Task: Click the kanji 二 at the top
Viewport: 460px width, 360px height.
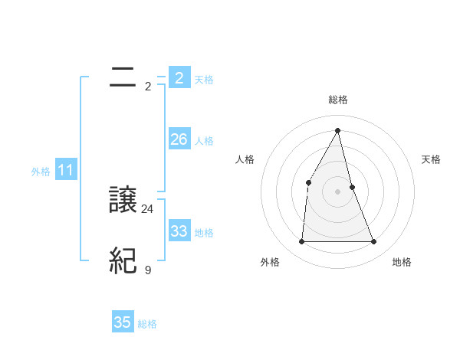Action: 123,76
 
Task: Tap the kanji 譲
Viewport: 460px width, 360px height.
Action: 123,200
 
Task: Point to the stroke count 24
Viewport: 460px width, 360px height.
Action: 148,208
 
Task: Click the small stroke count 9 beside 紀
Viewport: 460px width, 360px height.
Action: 148,270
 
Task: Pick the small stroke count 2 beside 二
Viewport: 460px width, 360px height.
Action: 148,86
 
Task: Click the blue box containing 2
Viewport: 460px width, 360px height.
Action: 179,77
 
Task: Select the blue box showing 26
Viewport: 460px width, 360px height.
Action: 179,139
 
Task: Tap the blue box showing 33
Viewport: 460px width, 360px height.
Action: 179,231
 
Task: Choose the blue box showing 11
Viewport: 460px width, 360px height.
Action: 65,171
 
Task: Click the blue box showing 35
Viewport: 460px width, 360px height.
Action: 123,322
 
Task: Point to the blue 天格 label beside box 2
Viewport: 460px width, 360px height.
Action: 204,79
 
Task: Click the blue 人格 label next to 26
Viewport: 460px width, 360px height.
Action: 204,141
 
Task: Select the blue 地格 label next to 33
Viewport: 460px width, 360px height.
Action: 204,233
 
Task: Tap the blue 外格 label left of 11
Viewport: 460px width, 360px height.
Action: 41,172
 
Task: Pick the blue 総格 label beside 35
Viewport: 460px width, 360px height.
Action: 147,324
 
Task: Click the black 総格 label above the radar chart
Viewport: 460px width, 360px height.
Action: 338,100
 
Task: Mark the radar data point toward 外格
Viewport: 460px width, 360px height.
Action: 301,242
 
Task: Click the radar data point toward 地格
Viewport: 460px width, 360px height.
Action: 374,242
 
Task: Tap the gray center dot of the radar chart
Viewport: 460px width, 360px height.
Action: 337,191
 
